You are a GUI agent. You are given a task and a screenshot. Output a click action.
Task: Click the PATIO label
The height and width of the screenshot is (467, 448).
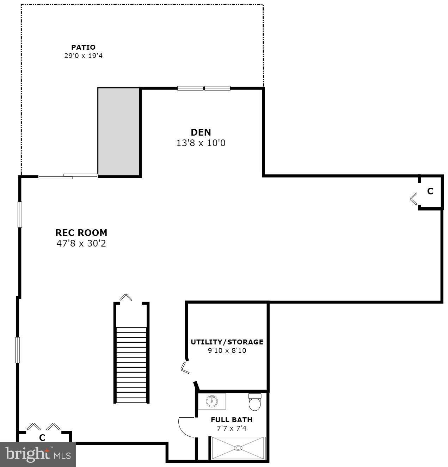[x=83, y=47]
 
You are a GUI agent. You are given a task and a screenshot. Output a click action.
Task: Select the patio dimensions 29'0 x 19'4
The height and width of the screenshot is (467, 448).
[x=83, y=56]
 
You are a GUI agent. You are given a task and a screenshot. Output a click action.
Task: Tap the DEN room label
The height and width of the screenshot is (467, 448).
[x=201, y=132]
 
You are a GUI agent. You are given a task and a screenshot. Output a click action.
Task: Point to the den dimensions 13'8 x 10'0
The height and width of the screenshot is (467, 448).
[x=201, y=143]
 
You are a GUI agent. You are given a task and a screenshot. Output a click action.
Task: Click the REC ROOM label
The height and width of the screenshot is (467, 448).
[x=81, y=233]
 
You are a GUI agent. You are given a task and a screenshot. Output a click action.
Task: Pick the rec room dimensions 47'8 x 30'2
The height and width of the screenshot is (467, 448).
[x=81, y=243]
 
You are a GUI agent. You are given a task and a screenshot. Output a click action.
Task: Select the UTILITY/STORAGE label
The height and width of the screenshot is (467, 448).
[x=227, y=342]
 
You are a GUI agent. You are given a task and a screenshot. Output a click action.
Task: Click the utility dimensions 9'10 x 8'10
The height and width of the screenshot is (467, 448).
[x=227, y=350]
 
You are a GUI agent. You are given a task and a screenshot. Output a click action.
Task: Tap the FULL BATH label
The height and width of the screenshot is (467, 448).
[x=232, y=420]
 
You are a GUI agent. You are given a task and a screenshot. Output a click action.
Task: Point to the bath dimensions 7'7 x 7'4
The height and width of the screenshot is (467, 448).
[x=232, y=429]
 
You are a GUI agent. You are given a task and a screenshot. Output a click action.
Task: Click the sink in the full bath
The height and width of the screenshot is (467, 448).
[x=212, y=401]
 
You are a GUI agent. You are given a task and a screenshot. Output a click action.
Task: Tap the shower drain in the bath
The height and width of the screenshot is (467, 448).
[x=238, y=448]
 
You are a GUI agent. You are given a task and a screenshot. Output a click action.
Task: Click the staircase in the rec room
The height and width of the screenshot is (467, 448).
[x=131, y=365]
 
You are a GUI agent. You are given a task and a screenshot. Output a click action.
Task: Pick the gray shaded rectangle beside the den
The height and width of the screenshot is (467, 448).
[x=119, y=131]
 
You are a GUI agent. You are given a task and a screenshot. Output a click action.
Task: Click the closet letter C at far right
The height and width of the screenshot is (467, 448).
[x=430, y=191]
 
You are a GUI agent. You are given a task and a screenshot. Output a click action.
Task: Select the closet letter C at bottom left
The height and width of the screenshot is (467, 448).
[x=42, y=438]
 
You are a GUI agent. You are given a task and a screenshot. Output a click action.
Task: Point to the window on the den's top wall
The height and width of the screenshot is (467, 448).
[x=204, y=88]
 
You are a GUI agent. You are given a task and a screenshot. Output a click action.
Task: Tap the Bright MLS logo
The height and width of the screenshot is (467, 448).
[x=38, y=454]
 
